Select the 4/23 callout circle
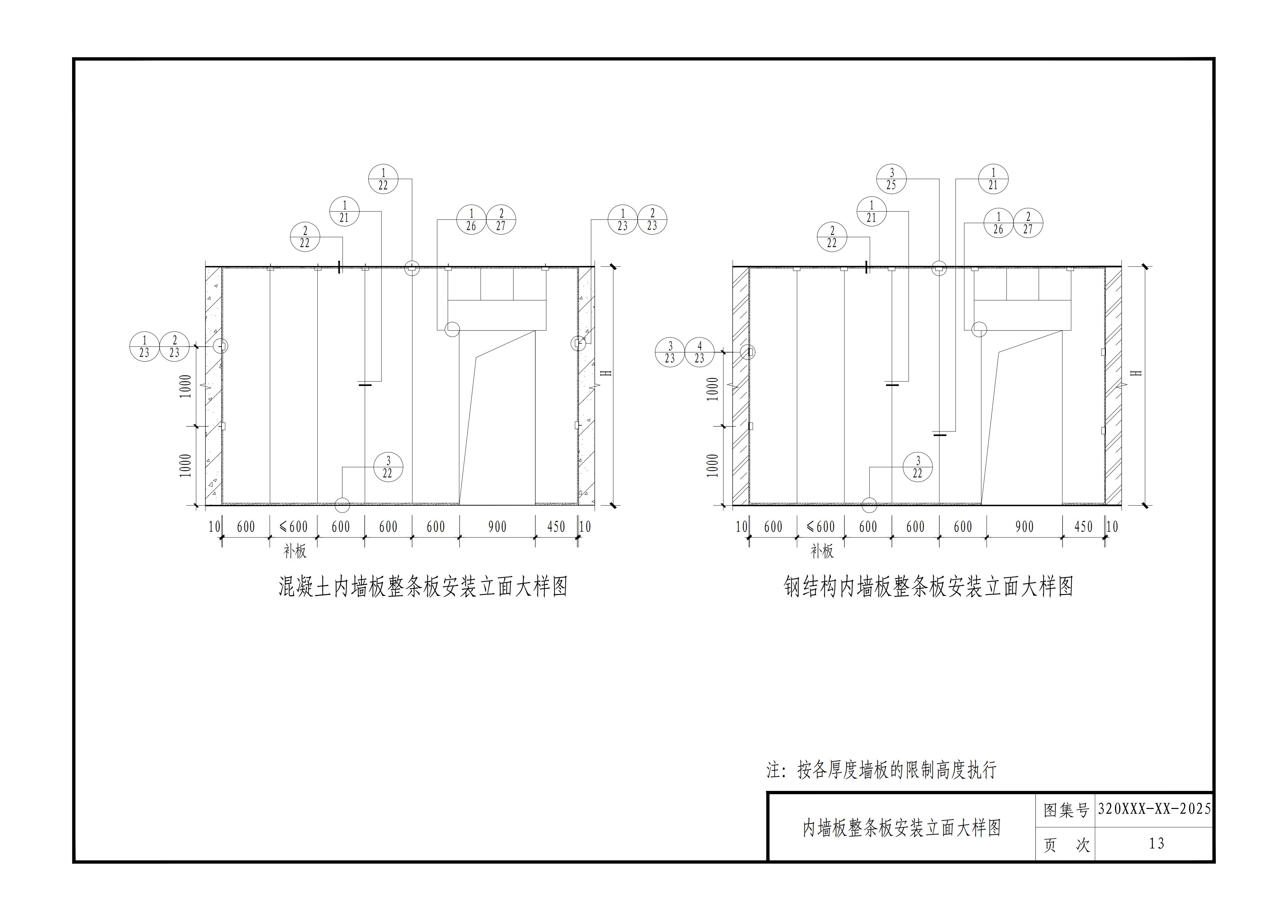[699, 352]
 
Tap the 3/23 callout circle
[670, 352]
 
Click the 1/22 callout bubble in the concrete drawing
[383, 179]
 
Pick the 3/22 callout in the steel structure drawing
[918, 467]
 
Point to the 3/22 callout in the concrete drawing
[388, 467]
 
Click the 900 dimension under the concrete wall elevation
[497, 527]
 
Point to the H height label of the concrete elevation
[606, 374]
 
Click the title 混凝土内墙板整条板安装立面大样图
[423, 586]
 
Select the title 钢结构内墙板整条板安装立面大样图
[929, 586]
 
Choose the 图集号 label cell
[1066, 810]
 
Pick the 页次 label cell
[1066, 845]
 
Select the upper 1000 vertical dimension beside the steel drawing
[714, 389]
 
